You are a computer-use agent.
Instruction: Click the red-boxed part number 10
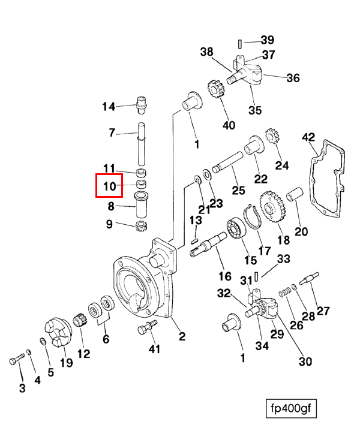click(x=109, y=186)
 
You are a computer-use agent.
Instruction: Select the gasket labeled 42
click(x=327, y=177)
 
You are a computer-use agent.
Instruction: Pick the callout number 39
click(x=267, y=40)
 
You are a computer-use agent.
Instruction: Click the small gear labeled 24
click(x=269, y=138)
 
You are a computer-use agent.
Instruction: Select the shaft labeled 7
click(x=142, y=144)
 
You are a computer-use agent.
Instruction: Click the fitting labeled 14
click(x=142, y=104)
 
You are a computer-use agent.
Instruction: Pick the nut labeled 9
click(x=142, y=225)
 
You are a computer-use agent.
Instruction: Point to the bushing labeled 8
click(x=142, y=206)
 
